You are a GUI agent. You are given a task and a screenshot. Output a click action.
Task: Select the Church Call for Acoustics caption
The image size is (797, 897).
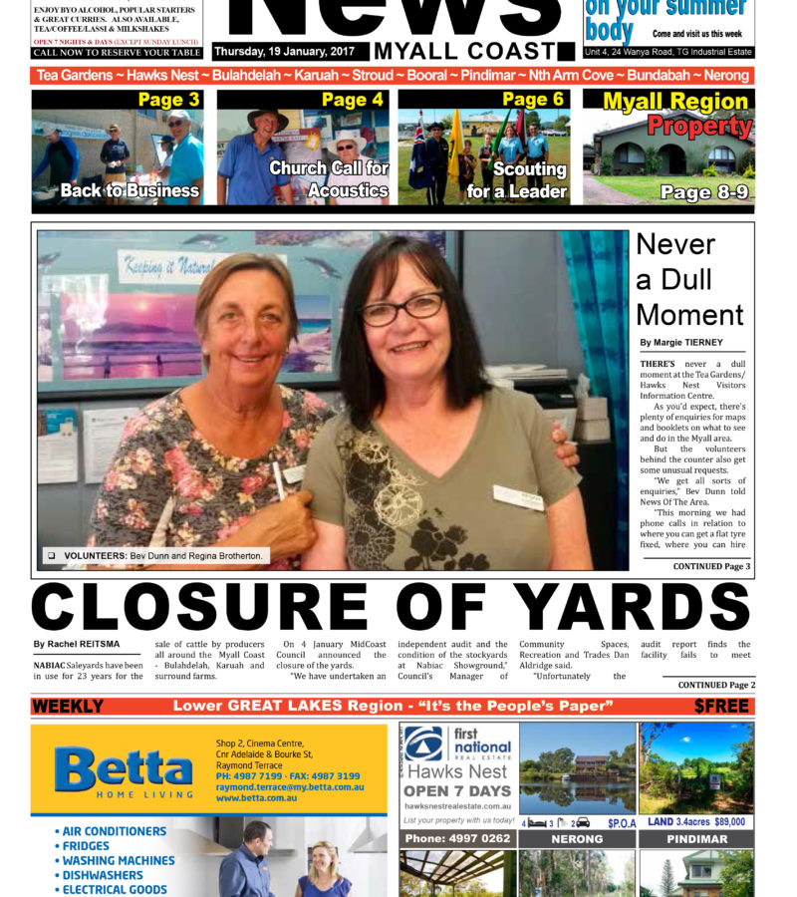point(329,179)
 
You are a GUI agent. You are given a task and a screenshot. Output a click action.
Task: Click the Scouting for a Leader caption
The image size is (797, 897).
point(516,179)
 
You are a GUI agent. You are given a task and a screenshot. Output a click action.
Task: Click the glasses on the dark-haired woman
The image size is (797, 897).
point(402,309)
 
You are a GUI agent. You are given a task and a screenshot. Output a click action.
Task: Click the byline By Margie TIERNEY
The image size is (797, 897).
point(681,343)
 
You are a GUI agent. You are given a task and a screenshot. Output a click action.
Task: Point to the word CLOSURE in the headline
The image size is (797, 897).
point(199,607)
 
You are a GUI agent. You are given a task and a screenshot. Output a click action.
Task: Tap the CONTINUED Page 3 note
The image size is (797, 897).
point(711,566)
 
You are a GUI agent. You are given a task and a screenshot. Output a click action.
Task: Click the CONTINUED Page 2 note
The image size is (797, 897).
point(716,685)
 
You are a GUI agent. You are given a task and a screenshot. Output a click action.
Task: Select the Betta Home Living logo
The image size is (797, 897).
point(124,770)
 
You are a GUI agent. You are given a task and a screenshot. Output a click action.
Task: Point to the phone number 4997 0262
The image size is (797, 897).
point(457,839)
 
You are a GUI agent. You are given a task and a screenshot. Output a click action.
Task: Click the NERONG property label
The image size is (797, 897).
point(577,839)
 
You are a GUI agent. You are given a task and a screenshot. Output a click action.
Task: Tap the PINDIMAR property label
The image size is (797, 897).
point(696,839)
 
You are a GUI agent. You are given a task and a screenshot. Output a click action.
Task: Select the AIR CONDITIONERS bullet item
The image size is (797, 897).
point(114,831)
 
